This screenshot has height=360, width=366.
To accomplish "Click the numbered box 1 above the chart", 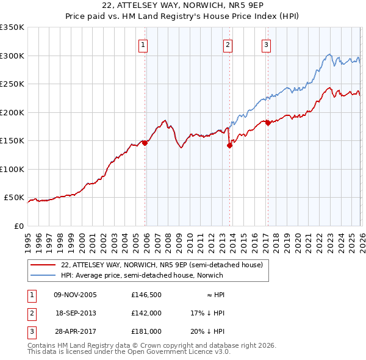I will pos(143,44).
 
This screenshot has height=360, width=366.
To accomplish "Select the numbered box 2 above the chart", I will pos(227,44).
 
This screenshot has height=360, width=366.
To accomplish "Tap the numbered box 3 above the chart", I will pos(267,44).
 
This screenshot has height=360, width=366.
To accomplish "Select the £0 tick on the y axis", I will pos(18,226).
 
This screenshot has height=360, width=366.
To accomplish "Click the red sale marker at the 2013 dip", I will pos(229,145).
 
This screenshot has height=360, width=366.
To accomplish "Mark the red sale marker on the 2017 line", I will pos(268,123).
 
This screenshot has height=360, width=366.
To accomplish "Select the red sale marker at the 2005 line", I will pos(145,143).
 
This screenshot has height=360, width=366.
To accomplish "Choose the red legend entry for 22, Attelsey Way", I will pos(162,265).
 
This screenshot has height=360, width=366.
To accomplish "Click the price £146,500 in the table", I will pos(146,294).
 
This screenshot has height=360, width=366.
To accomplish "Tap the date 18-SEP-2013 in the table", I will pos(76,312).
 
